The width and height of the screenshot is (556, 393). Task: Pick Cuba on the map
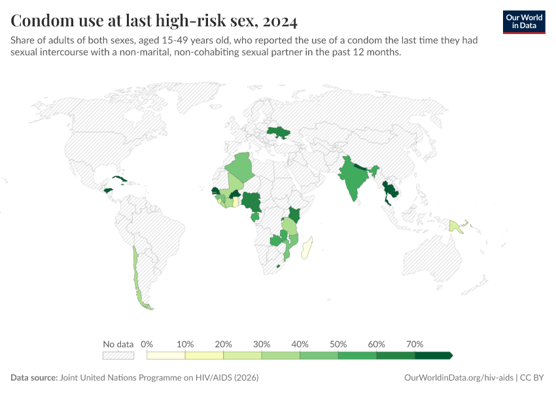coord(120,179)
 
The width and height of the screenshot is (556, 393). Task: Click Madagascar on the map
coord(309,250)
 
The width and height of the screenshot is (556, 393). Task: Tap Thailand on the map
coord(391,192)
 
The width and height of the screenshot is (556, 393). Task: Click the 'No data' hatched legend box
coord(118,356)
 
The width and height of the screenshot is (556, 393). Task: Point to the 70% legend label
coord(415,345)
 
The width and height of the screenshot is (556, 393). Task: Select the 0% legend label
coord(147,345)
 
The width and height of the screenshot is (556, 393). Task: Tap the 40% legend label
coord(300,345)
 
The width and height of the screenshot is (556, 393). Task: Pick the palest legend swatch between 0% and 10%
coord(166,356)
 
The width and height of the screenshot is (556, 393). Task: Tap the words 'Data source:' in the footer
coord(34,378)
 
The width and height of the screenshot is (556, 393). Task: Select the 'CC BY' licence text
coord(532,378)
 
